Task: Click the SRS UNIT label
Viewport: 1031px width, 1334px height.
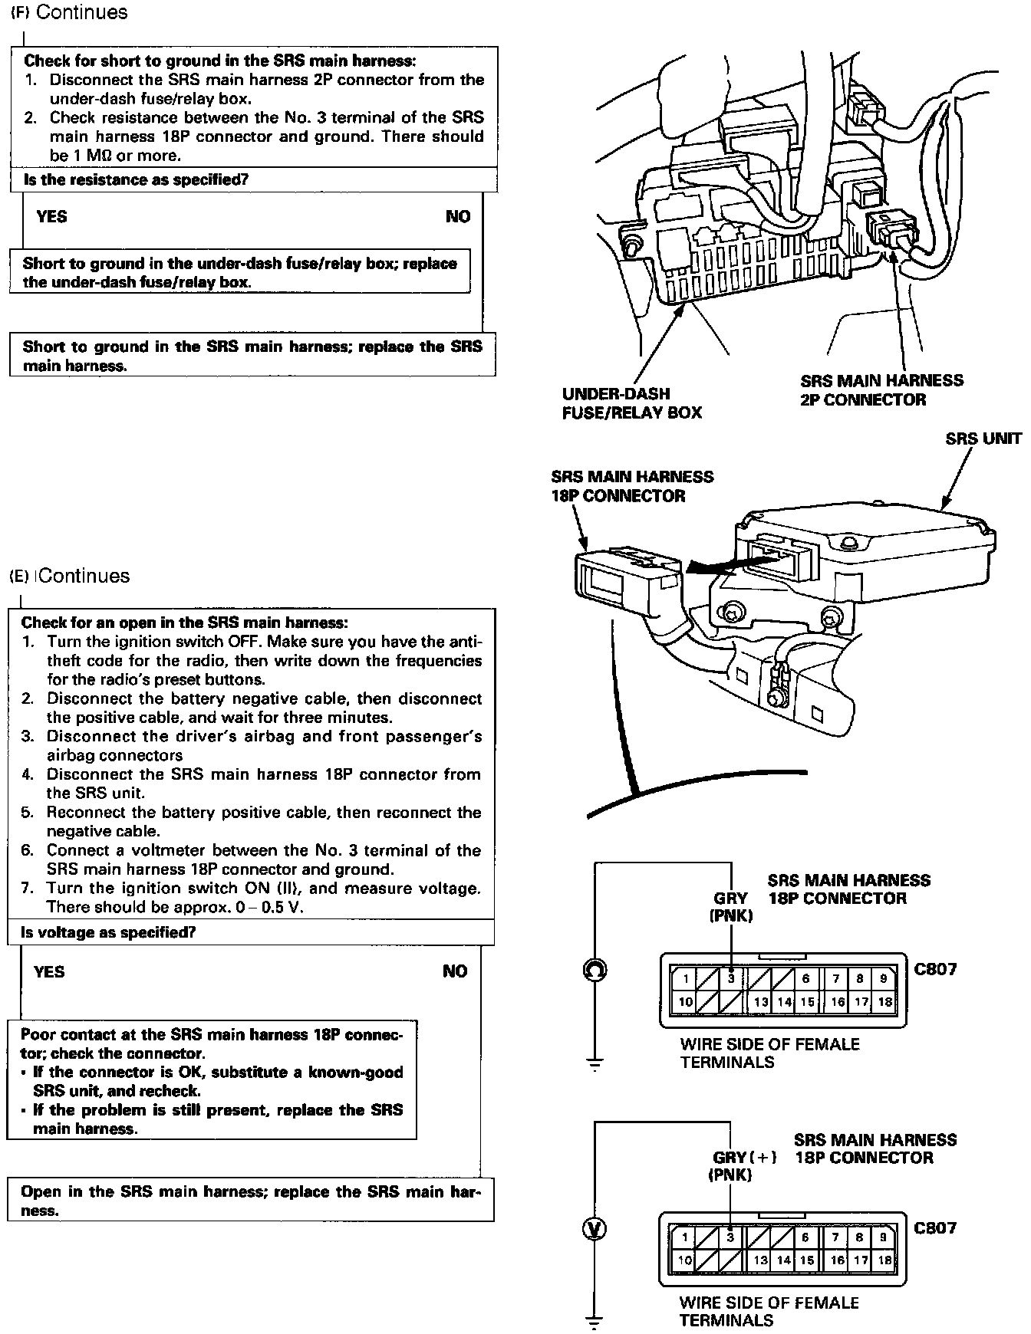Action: tap(983, 439)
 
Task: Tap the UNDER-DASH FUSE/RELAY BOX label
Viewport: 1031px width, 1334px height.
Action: tap(631, 402)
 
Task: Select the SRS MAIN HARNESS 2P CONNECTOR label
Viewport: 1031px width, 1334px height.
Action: tap(881, 389)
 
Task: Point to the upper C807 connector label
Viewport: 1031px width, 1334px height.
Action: tap(935, 969)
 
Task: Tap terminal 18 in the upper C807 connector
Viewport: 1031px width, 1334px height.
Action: tap(884, 1001)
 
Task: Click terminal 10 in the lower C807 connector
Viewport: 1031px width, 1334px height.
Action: tap(684, 1260)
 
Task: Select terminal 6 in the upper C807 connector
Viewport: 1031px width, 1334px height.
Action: tap(805, 978)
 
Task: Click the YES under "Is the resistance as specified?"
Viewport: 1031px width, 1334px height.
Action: tap(51, 217)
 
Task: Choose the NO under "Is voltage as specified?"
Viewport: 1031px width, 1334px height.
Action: tap(455, 971)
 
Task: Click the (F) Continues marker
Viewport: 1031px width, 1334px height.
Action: tap(69, 12)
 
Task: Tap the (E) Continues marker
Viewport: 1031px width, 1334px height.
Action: tap(69, 576)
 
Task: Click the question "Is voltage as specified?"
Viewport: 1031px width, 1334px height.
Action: tap(108, 932)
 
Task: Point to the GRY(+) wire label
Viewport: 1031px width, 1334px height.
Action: tap(743, 1158)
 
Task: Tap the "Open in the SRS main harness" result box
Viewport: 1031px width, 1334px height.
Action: tap(250, 1201)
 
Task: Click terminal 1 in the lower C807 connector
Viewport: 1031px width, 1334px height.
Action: tap(686, 1237)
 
